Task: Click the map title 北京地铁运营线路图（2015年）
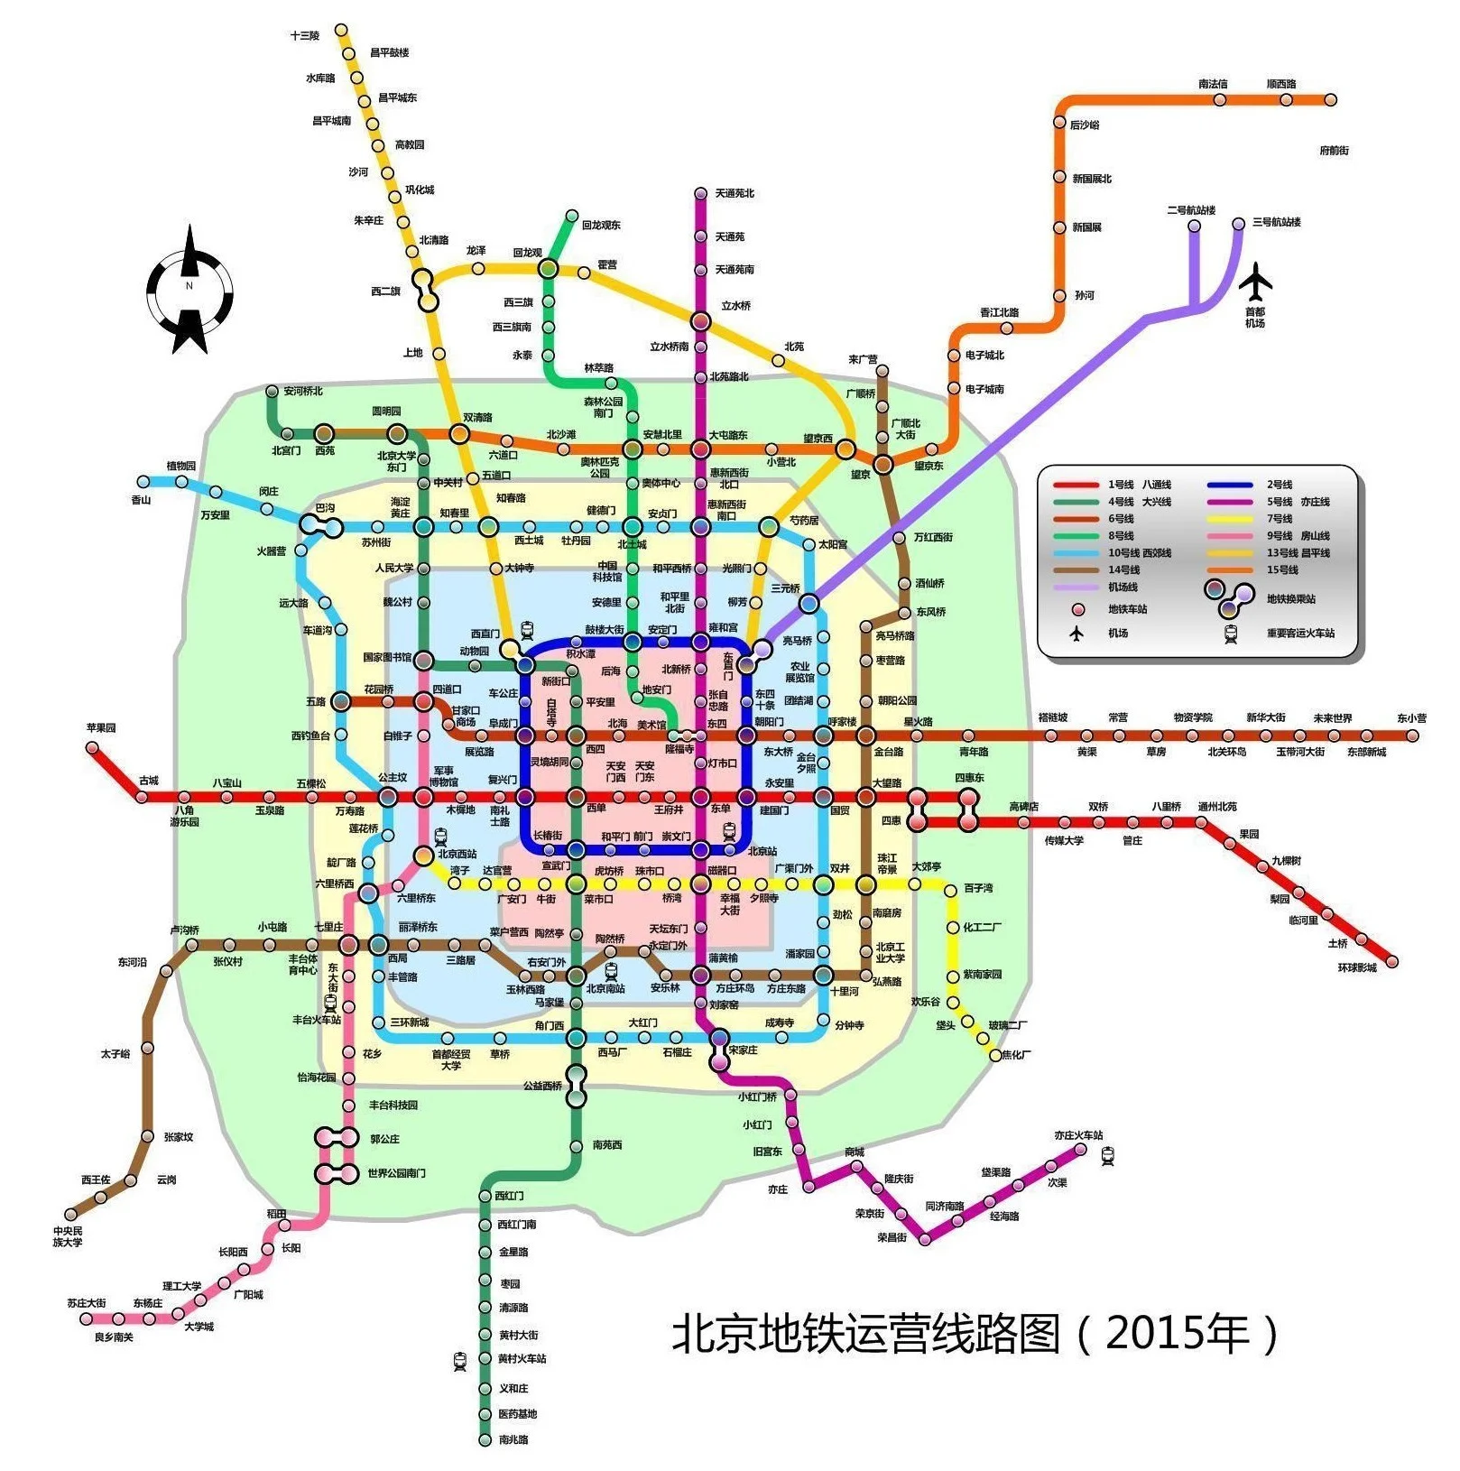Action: click(975, 1334)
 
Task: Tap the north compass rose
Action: click(190, 289)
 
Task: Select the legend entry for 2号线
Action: click(1279, 485)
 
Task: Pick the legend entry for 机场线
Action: click(1123, 587)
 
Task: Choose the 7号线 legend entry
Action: click(1279, 519)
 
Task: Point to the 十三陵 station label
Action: click(305, 36)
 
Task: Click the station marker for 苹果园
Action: click(92, 747)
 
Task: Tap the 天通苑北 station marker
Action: click(700, 193)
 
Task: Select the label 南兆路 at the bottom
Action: click(513, 1439)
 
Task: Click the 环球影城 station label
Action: click(1356, 967)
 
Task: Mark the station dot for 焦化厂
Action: click(995, 1054)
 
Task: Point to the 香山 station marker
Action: click(143, 482)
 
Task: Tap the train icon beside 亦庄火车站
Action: click(1108, 1155)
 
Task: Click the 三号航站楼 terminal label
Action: click(1276, 222)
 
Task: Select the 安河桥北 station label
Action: click(302, 392)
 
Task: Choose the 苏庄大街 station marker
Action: click(87, 1318)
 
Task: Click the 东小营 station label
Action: click(1411, 718)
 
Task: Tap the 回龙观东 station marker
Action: click(571, 216)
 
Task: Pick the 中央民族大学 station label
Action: click(67, 1236)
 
